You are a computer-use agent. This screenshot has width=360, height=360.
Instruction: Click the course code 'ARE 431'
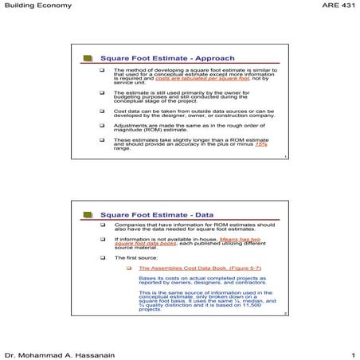(x=338, y=6)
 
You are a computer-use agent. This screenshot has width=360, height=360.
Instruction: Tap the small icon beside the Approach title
(x=88, y=58)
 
